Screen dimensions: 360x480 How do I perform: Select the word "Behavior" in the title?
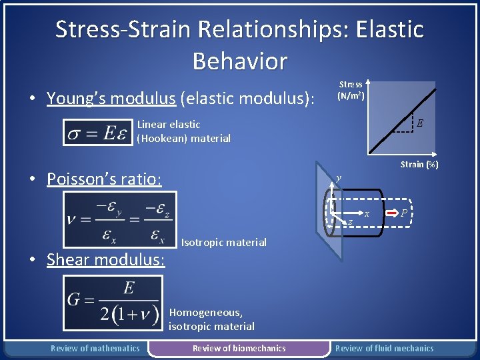coord(239,61)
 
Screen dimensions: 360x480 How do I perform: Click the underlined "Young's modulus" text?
coord(111,99)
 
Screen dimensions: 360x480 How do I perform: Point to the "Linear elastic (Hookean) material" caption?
coord(183,131)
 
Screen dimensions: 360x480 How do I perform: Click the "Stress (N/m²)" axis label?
coord(350,90)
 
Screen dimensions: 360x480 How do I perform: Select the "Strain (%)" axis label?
coord(419,164)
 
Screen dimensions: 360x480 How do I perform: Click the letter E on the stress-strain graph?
coord(419,123)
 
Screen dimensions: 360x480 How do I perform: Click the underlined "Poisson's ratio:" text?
coord(104,179)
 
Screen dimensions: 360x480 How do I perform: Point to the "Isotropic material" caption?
coord(223,243)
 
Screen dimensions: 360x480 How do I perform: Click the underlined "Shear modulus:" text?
coord(105,259)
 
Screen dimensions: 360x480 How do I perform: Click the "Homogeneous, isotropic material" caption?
coord(211,319)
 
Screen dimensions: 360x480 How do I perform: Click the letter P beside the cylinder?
coord(405,213)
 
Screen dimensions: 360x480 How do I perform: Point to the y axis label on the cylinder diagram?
coord(339,178)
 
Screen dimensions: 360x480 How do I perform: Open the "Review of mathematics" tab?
coord(95,348)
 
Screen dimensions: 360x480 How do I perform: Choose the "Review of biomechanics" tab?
coord(239,348)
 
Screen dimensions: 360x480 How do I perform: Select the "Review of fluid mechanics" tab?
coord(384,348)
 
